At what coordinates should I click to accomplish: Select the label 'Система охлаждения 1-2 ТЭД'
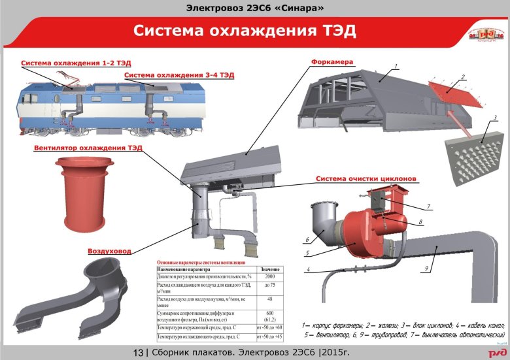[76, 63]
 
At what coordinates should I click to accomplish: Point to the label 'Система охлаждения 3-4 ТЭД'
[178, 76]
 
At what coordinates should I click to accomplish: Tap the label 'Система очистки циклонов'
[366, 178]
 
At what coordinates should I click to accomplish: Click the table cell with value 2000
[270, 277]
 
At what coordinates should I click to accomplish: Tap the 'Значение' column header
[270, 269]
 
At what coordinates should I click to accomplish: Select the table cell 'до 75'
[270, 287]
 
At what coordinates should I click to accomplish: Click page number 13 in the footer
[138, 353]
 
